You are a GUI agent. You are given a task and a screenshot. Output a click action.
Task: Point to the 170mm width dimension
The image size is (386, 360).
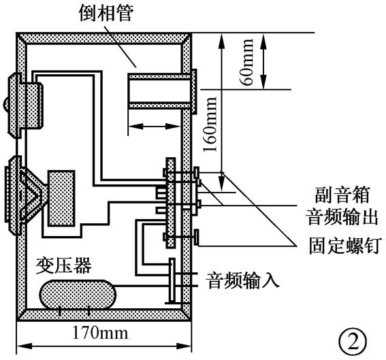(103, 333)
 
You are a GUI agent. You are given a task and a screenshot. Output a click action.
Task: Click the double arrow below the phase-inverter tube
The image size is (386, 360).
(155, 125)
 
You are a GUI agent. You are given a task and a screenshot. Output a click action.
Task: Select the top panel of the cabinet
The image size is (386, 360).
(103, 38)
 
